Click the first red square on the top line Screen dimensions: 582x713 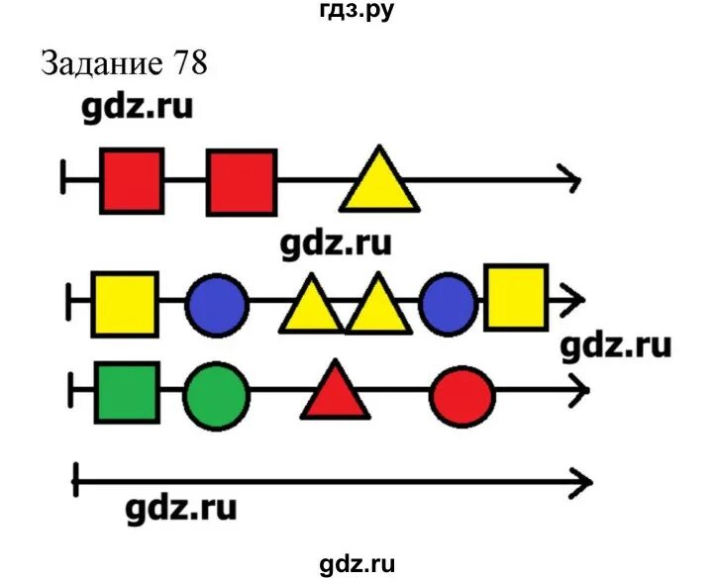[x=132, y=180]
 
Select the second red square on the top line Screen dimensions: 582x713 [x=242, y=181]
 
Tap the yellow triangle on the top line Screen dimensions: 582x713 [x=378, y=184]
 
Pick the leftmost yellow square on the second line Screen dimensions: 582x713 [x=125, y=303]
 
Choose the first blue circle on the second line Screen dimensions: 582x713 [x=217, y=304]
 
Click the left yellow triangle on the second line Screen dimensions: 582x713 [x=310, y=307]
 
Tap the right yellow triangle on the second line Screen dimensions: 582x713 [x=376, y=307]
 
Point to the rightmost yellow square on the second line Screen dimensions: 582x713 [x=516, y=297]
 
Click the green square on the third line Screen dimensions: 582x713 [x=127, y=392]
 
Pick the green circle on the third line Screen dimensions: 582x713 [x=217, y=396]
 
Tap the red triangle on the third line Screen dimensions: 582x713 [x=336, y=394]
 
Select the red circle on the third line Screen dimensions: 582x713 [x=462, y=396]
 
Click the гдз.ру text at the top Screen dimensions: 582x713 [x=357, y=12]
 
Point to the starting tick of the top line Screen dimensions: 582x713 [x=63, y=180]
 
